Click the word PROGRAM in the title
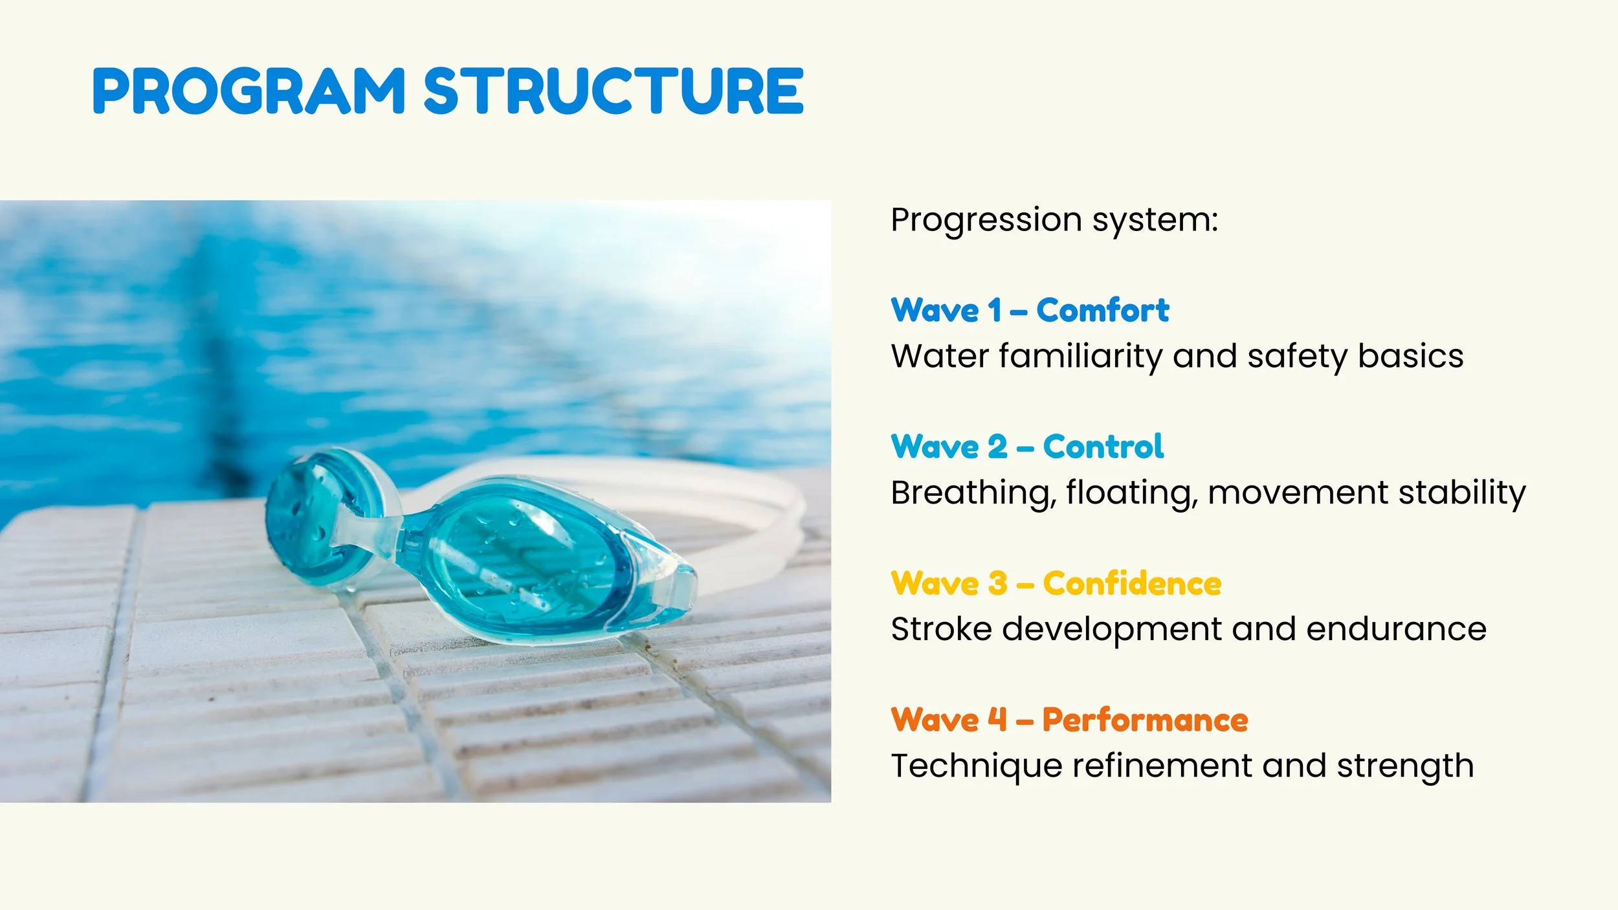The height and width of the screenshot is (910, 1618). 249,91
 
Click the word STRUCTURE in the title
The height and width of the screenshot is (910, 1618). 614,91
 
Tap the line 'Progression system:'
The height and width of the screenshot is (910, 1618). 1054,221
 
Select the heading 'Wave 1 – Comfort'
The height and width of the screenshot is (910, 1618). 1030,310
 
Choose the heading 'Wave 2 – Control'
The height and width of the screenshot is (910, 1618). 1027,447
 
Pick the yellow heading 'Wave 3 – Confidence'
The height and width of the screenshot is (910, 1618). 1056,583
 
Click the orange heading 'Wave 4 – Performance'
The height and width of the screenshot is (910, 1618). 1069,720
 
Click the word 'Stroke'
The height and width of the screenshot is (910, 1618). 941,629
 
